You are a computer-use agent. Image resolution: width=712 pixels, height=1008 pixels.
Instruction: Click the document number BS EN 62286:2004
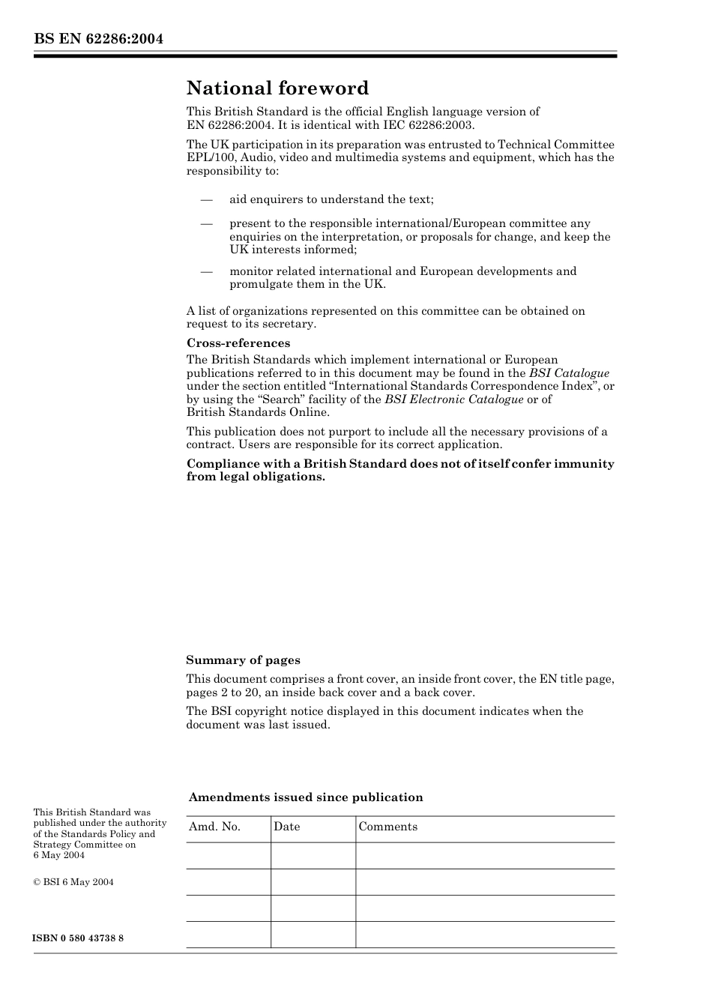pos(98,39)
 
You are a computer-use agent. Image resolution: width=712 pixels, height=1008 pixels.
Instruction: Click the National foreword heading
pos(277,88)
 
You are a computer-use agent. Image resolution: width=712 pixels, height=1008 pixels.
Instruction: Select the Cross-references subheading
pos(238,343)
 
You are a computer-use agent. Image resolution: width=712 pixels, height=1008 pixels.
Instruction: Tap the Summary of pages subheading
pos(243,660)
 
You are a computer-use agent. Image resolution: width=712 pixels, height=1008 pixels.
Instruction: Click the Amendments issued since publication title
pos(306,797)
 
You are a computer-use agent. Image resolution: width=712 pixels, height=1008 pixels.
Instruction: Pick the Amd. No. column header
pos(215,827)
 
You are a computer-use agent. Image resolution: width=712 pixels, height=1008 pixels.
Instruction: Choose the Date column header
pos(286,827)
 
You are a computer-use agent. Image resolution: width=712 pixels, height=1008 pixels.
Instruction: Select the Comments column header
pos(387,827)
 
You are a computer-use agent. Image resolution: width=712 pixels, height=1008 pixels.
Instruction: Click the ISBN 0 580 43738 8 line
pos(79,938)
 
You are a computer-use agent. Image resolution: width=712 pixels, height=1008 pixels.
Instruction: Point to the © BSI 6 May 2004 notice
pos(73,882)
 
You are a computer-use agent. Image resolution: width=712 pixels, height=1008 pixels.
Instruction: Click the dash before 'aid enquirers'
pos(207,199)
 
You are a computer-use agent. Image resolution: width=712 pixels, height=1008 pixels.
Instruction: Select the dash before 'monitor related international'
pos(207,271)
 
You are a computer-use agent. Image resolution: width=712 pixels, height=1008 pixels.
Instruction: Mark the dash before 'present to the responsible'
pos(207,223)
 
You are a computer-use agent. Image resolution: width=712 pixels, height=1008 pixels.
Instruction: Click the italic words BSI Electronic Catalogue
pos(453,399)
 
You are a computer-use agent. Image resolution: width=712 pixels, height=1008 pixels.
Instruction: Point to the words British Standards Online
pos(258,412)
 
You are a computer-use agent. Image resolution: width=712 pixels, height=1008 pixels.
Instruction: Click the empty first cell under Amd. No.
pos(228,855)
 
